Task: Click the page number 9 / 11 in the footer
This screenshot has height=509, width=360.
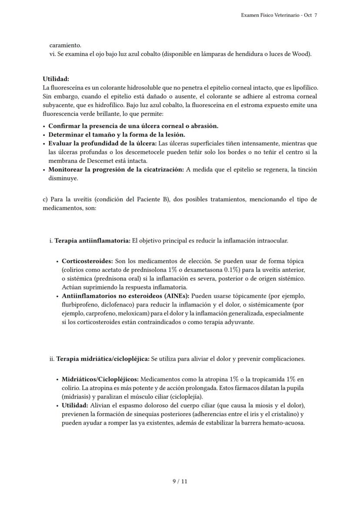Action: (180, 481)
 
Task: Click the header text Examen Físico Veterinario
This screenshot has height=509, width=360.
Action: (270, 15)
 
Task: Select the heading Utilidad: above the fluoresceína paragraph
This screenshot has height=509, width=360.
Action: (56, 79)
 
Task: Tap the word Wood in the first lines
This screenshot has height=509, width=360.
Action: (301, 54)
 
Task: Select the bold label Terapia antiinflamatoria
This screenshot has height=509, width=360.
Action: (92, 240)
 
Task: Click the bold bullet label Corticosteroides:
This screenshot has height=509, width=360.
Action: (87, 261)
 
